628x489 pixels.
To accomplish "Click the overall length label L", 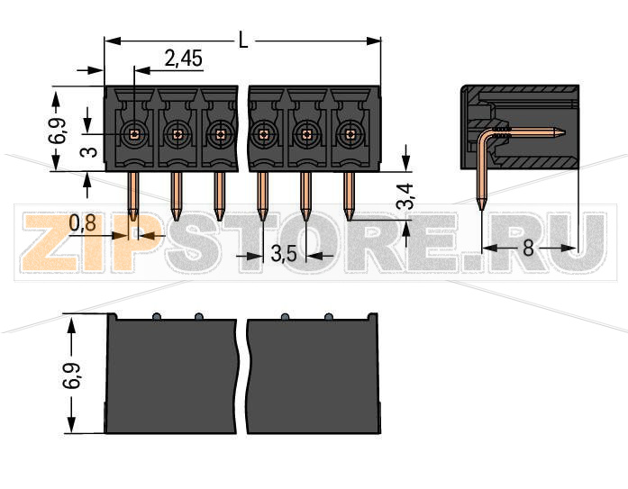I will tap(243, 39).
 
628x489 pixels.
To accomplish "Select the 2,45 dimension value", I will tap(183, 59).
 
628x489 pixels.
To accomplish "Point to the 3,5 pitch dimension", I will tap(284, 254).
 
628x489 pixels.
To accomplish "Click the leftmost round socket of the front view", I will tap(133, 134).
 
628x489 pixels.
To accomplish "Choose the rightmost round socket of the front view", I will tap(350, 134).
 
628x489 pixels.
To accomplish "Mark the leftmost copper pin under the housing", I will tap(133, 195).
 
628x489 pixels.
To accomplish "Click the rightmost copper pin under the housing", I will tap(350, 195).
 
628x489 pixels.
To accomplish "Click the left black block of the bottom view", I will tap(172, 376).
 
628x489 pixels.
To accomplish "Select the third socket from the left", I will tap(220, 134).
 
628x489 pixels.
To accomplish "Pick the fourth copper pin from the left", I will tap(262, 195).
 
